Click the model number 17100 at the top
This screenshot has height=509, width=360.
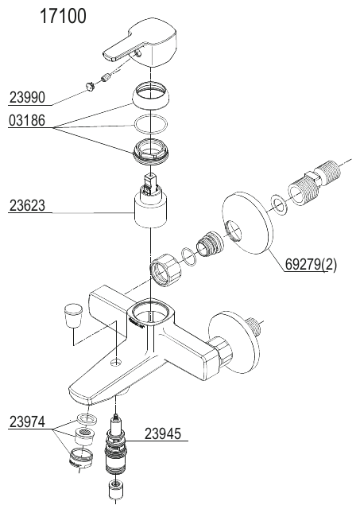click(63, 16)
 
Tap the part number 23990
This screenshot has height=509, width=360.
click(28, 97)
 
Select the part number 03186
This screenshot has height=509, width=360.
click(27, 120)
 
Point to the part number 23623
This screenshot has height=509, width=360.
click(27, 205)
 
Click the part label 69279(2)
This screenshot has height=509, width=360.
click(311, 265)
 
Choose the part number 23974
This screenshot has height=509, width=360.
click(27, 422)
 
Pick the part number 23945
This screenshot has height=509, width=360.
click(162, 433)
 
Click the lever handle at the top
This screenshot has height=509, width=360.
click(141, 46)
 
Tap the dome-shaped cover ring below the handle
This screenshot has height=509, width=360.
click(151, 96)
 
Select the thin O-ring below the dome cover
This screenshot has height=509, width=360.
click(151, 125)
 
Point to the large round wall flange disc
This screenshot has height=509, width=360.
click(247, 224)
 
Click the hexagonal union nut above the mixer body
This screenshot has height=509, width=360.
click(166, 269)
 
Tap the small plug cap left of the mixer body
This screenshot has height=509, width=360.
click(73, 315)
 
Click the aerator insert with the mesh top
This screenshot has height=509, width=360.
click(85, 436)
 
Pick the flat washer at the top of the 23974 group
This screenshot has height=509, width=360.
click(87, 419)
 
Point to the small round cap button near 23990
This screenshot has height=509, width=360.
click(90, 87)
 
